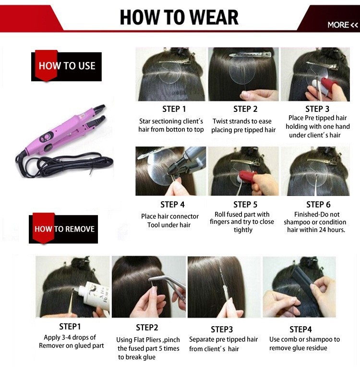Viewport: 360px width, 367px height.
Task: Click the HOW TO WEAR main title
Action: tap(179, 17)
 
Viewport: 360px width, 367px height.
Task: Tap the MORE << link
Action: tap(343, 25)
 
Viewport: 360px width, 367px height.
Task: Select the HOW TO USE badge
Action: tap(66, 66)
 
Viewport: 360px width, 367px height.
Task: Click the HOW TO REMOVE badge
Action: tap(63, 229)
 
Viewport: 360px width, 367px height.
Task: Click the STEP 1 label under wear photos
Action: tap(174, 109)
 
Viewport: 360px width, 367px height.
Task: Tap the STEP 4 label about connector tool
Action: tap(172, 205)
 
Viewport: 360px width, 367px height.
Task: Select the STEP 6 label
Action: tap(318, 205)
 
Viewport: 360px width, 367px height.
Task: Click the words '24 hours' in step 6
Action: tap(332, 230)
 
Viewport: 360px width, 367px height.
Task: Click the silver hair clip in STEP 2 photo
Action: tap(250, 55)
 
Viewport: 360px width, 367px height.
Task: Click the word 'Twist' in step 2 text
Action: tap(220, 121)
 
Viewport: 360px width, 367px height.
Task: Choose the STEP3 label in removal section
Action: tap(222, 330)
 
